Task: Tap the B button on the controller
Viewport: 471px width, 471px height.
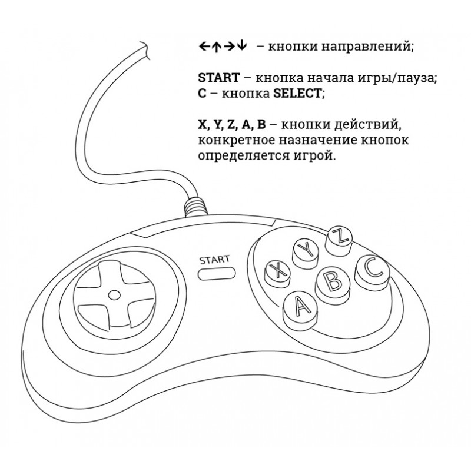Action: point(333,280)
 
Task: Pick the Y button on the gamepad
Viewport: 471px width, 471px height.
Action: point(306,250)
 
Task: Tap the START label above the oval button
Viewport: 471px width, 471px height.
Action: point(214,258)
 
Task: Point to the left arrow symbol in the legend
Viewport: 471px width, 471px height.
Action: point(204,47)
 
